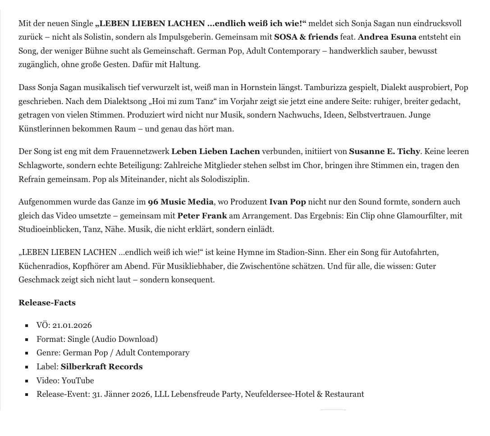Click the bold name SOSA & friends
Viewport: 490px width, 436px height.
(x=306, y=37)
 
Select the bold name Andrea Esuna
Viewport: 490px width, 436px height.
(x=387, y=37)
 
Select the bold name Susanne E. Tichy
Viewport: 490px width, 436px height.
(x=384, y=151)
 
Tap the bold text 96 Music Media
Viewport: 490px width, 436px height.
(x=181, y=202)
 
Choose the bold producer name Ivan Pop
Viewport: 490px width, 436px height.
(x=287, y=202)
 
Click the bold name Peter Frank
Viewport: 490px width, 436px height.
(x=202, y=216)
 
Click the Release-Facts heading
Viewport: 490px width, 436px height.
(x=47, y=303)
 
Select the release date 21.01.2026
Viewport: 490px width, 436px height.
(x=72, y=325)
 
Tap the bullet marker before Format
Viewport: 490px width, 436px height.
(x=39, y=339)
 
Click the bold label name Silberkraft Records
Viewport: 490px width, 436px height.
(x=101, y=367)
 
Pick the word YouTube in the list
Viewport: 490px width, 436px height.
(x=78, y=381)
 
